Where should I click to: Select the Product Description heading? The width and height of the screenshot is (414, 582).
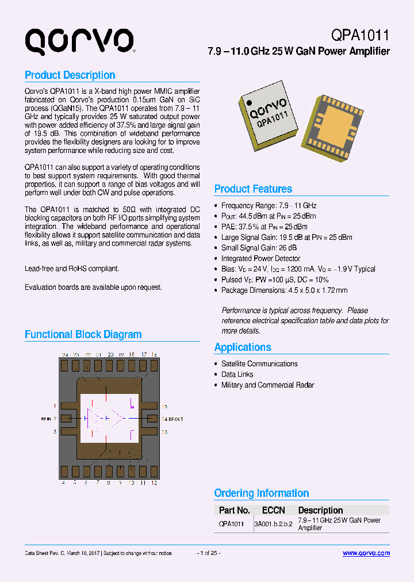70,75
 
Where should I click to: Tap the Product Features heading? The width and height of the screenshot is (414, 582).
253,189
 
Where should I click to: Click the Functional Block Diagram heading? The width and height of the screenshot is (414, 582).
83,334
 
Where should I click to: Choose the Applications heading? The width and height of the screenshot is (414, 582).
242,347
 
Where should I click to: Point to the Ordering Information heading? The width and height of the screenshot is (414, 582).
261,493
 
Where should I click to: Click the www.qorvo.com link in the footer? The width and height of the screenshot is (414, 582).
366,553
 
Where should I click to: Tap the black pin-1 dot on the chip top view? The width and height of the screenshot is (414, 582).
248,103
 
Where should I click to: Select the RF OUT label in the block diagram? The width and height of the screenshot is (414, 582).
175,419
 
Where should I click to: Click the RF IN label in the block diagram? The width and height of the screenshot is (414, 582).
46,419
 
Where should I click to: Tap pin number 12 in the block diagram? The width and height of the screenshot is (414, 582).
154,483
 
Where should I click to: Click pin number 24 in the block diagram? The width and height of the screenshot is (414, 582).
66,355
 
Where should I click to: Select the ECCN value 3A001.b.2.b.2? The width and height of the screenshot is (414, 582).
273,524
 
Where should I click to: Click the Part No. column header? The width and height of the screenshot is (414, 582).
234,510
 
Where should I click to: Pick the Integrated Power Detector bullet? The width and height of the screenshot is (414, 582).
260,258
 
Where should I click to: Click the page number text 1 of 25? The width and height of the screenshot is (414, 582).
209,553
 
